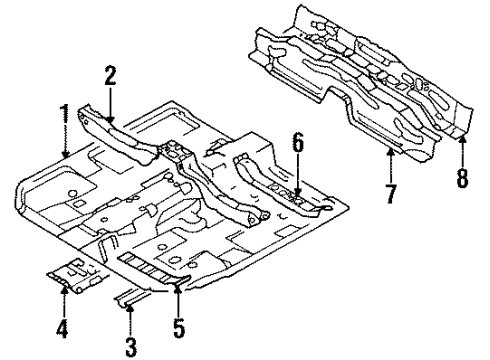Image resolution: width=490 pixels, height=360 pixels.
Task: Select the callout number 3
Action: [130, 345]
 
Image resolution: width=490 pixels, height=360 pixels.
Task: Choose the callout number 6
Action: [296, 146]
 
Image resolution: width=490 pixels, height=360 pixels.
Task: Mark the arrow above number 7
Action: [390, 159]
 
